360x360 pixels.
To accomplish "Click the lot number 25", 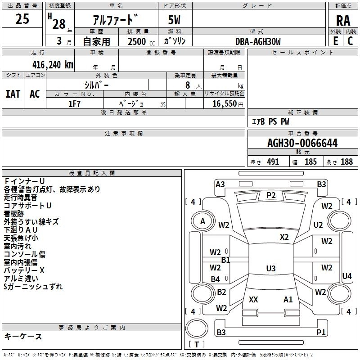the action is pyautogui.click(x=22, y=19).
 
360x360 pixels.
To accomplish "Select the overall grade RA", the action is pyautogui.click(x=343, y=21).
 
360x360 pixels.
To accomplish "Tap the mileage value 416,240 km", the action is pyautogui.click(x=53, y=65).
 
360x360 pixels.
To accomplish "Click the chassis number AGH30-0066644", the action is pyautogui.click(x=302, y=143).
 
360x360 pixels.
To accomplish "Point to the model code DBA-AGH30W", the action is pyautogui.click(x=258, y=41).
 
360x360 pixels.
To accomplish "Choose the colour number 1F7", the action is pyautogui.click(x=74, y=104).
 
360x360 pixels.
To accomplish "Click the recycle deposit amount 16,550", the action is pyautogui.click(x=224, y=104).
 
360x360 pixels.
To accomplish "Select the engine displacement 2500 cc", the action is pyautogui.click(x=141, y=41).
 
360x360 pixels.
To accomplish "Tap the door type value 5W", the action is pyautogui.click(x=174, y=20).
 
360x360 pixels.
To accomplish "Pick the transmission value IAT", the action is pyautogui.click(x=13, y=94).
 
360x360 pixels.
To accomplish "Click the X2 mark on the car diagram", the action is pyautogui.click(x=284, y=237).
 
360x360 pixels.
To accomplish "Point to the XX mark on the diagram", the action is pyautogui.click(x=253, y=299).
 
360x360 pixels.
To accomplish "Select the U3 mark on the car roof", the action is pyautogui.click(x=271, y=268).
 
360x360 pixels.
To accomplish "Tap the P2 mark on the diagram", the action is pyautogui.click(x=271, y=195).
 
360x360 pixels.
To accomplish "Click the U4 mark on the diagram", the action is pyautogui.click(x=346, y=276).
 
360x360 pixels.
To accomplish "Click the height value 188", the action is pyautogui.click(x=346, y=162).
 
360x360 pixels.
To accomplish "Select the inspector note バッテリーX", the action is pyautogui.click(x=24, y=270).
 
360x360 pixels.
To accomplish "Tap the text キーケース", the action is pyautogui.click(x=23, y=336).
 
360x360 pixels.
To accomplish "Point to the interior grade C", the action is pyautogui.click(x=350, y=41).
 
